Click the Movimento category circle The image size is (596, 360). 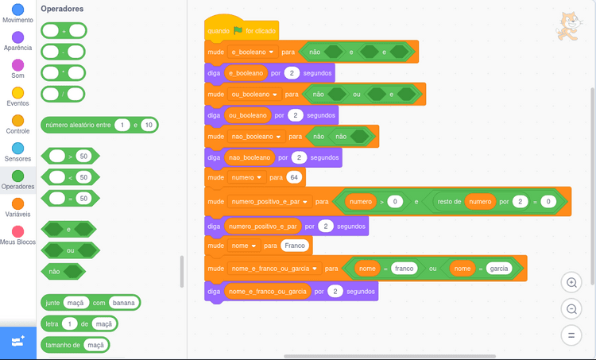pos(17,9)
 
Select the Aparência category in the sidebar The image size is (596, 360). pos(17,37)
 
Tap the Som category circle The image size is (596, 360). pos(17,64)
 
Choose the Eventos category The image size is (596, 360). pos(17,92)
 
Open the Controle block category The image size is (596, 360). pos(17,120)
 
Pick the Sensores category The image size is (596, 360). pos(17,148)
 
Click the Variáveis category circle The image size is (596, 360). pos(17,203)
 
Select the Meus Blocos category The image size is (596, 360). pos(17,231)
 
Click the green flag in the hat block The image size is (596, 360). pos(238,30)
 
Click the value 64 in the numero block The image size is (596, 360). pos(293,177)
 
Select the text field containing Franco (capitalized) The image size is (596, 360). pos(294,246)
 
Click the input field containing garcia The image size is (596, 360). pos(498,269)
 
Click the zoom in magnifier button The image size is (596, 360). pos(571,282)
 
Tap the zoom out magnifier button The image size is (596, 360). pos(571,308)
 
